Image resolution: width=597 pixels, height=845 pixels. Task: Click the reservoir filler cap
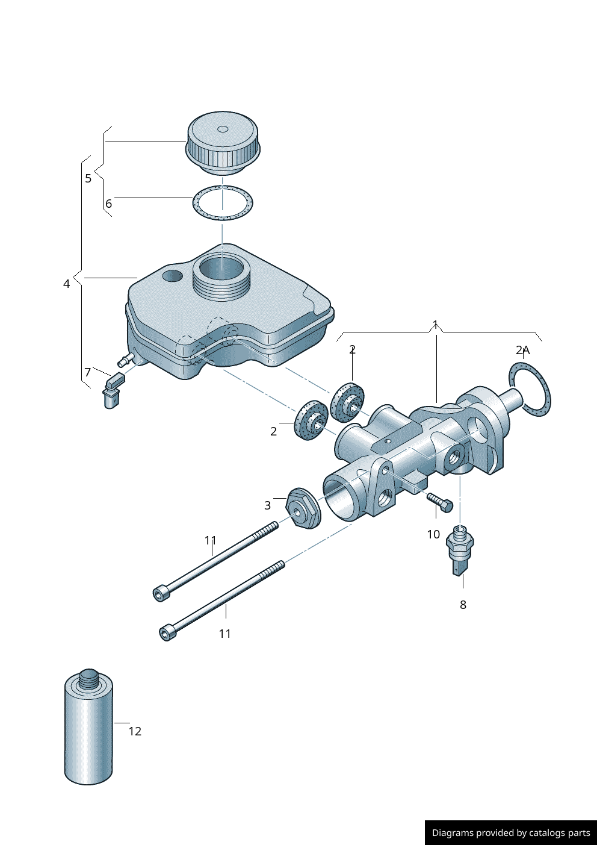(223, 143)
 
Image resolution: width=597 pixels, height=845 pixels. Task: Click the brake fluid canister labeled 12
(88, 729)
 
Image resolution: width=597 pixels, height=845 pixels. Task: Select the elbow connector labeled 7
(113, 390)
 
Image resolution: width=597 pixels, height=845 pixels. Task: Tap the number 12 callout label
(135, 731)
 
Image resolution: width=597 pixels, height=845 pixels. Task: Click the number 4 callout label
(67, 284)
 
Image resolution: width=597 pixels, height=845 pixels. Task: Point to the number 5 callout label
(88, 178)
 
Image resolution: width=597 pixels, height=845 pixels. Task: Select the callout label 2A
(522, 350)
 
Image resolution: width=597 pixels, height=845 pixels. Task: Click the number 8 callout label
(463, 605)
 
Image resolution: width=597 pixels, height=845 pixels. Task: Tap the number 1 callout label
(435, 325)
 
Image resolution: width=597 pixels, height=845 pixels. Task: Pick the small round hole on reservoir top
(172, 276)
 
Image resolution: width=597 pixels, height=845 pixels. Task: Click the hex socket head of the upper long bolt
(160, 594)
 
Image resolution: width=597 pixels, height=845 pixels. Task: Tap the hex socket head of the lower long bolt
(167, 633)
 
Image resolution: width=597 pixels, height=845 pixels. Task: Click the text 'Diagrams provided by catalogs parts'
(510, 833)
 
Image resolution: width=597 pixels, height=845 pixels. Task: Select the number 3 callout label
(267, 506)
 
